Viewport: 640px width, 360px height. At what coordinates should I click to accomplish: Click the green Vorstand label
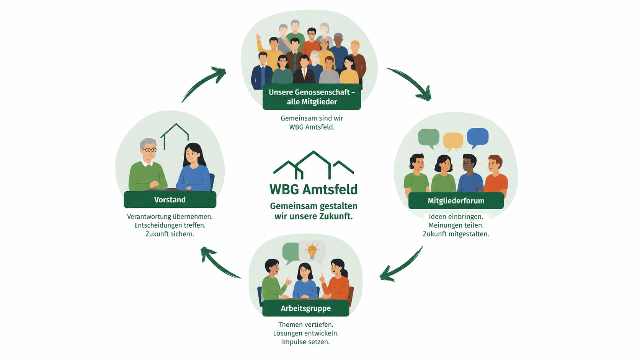coord(170,200)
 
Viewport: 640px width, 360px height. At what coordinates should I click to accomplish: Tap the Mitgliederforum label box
coord(456,201)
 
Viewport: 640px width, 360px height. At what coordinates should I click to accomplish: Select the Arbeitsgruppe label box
coord(306,308)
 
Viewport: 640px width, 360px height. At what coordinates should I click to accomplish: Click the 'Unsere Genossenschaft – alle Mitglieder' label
coord(312,97)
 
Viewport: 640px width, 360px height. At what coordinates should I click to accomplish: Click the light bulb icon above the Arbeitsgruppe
coord(312,251)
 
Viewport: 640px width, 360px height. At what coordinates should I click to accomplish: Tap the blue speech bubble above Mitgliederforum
coord(478,138)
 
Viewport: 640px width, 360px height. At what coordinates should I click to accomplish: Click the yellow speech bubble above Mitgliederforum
coord(453,142)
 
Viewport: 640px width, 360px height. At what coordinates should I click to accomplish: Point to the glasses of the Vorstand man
coord(150,150)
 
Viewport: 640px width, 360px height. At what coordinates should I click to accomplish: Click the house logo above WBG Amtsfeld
coord(314,165)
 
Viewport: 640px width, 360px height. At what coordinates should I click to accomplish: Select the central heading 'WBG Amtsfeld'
coord(313,189)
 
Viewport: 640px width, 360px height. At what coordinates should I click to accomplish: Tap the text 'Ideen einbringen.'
coord(456,217)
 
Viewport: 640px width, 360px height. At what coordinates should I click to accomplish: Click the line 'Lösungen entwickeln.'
coord(306,333)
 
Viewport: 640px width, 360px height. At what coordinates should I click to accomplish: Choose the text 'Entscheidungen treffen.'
coord(170,225)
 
